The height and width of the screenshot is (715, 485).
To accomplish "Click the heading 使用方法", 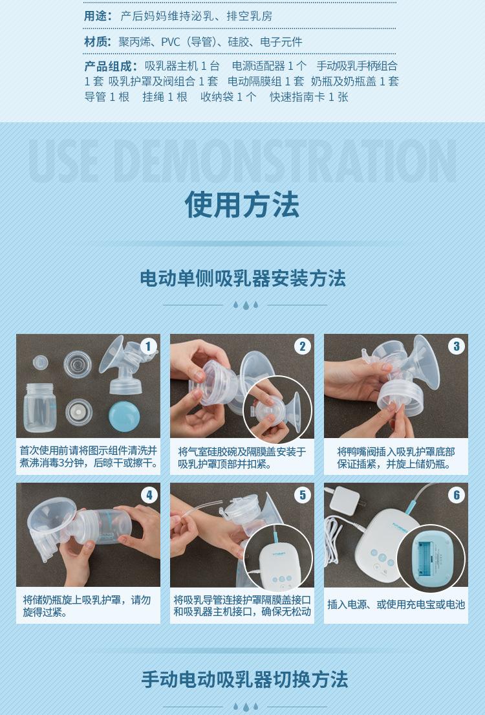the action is (x=242, y=204).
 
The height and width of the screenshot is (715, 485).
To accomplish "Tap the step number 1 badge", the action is (x=148, y=347).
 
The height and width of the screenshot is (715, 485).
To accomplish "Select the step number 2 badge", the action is (x=302, y=347).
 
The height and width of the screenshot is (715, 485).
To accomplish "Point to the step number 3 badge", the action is (x=457, y=347).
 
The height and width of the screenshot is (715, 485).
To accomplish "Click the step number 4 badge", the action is (x=149, y=495).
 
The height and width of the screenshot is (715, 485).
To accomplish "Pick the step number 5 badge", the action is (x=302, y=495).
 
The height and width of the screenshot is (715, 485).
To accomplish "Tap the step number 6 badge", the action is (x=457, y=495).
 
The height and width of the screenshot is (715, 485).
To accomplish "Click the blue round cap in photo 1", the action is (x=124, y=415).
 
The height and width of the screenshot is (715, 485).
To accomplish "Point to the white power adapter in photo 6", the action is (x=345, y=500).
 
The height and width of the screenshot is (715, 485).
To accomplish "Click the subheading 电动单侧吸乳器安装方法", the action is (x=242, y=278).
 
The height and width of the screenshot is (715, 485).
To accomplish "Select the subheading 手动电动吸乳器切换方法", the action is (x=244, y=679).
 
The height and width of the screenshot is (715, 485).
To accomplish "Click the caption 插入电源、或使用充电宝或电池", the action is (x=396, y=604).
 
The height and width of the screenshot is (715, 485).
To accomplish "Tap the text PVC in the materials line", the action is (x=171, y=43).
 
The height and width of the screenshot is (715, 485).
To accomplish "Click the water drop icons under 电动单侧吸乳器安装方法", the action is (x=245, y=305).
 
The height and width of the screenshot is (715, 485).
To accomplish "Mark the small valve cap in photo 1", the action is (x=40, y=362).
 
